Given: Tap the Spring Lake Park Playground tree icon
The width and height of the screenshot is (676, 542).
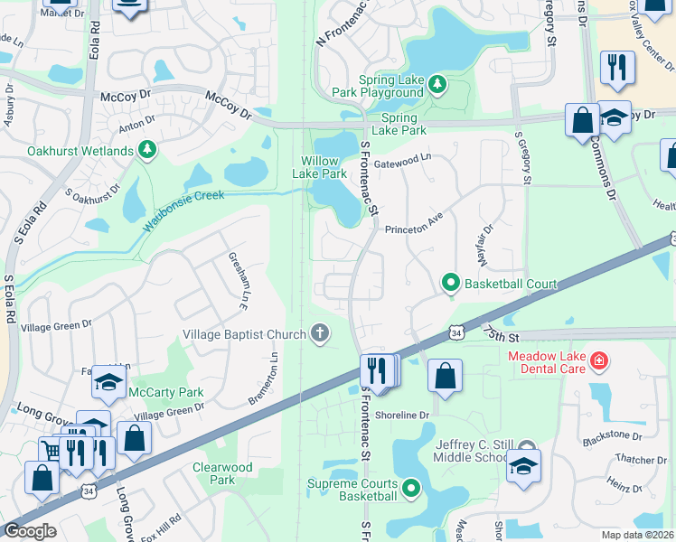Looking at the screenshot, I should pos(437,84).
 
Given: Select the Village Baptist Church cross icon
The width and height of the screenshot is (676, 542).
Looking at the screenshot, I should pos(318,334).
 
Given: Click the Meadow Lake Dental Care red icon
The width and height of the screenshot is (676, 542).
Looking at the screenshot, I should pos(597,362).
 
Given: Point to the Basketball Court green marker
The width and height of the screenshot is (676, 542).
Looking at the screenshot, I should pos(450,284).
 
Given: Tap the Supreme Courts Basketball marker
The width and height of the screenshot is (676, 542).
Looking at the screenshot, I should pos(411,490).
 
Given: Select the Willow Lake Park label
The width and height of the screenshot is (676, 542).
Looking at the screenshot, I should pos(324,167).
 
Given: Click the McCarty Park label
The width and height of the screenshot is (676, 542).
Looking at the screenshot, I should pos(165,392).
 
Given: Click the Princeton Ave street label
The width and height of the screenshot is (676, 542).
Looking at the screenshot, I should pos(416,229).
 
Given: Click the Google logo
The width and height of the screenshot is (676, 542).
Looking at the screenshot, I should pos(30,531).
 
